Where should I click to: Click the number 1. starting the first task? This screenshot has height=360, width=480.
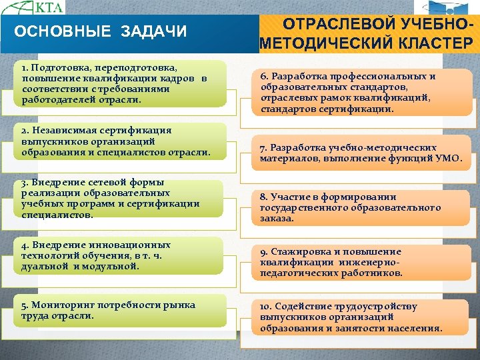(x=25, y=68)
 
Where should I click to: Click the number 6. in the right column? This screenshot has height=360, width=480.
(x=265, y=76)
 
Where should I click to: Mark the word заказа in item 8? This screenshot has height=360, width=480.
(x=277, y=218)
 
